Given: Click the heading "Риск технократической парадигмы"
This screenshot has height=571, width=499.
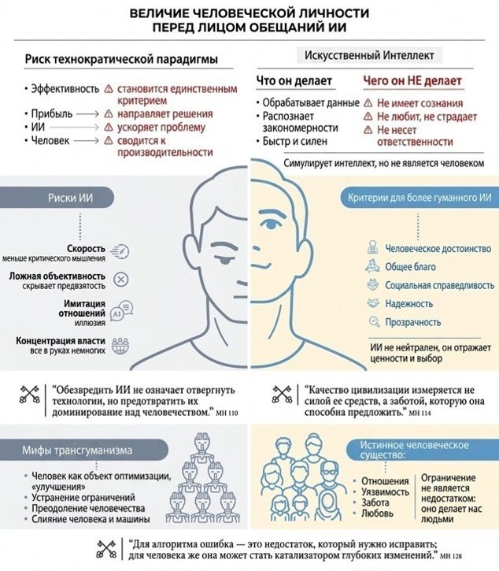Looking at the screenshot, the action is [x=121, y=59].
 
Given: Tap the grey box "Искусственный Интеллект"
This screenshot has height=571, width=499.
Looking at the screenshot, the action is [x=369, y=56].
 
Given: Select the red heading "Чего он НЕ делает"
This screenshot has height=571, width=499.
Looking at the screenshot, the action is [x=412, y=81].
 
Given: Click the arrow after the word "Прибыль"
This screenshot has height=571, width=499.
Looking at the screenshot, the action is [x=87, y=114].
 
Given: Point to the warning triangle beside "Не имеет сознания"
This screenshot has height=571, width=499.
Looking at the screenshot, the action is [x=368, y=103].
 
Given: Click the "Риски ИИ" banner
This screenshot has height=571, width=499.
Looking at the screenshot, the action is [x=57, y=198].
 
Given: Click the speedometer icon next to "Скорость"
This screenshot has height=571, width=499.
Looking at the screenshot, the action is [x=120, y=252].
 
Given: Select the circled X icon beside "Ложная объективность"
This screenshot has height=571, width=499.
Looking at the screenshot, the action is [x=121, y=280].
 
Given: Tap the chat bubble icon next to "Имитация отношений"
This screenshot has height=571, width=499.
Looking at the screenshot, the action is [x=121, y=310].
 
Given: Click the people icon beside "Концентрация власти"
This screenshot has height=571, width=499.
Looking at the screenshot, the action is [x=120, y=346].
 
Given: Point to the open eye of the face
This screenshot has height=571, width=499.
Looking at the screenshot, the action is [x=272, y=224].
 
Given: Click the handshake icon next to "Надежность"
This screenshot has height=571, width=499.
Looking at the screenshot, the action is [x=373, y=303].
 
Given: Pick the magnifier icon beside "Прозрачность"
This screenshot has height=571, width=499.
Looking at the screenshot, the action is [x=374, y=322].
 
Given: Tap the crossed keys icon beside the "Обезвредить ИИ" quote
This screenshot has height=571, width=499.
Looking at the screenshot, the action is [x=29, y=395].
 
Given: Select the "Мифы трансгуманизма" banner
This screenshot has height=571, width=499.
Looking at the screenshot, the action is [x=84, y=450].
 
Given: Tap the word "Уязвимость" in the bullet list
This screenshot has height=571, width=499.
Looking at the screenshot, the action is [x=385, y=492].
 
